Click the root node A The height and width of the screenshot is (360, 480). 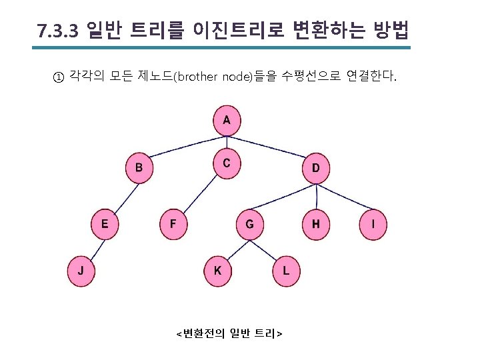(x=227, y=121)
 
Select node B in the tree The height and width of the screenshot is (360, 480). (x=139, y=168)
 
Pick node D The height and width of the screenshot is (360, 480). (x=316, y=168)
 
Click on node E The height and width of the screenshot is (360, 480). (x=105, y=224)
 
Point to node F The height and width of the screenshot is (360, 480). (x=173, y=224)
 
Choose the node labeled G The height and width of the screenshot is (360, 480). (x=249, y=224)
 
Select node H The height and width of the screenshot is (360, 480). (x=316, y=224)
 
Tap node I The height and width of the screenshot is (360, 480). (x=373, y=225)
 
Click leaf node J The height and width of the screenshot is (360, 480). (x=81, y=271)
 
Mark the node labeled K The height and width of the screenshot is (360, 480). (x=218, y=271)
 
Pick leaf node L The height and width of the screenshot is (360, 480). (x=286, y=271)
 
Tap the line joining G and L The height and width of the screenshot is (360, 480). (x=268, y=248)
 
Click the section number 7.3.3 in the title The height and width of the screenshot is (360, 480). (x=58, y=31)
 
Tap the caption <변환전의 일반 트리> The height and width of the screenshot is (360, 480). (x=228, y=333)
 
